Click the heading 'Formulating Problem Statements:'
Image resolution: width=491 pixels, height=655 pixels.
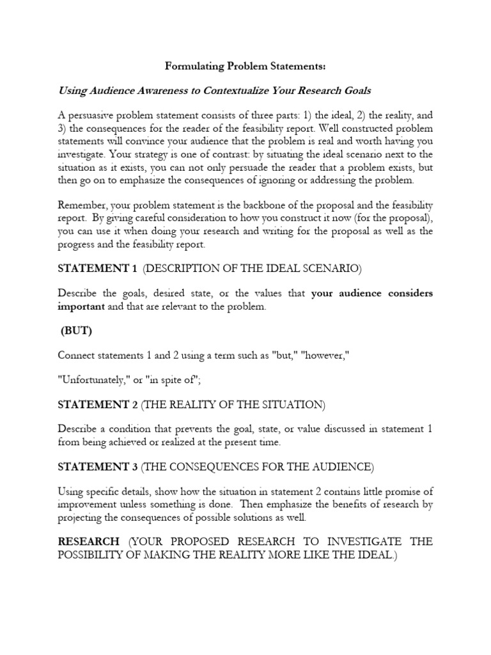click(245, 65)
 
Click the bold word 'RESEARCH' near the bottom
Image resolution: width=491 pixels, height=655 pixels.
click(89, 542)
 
